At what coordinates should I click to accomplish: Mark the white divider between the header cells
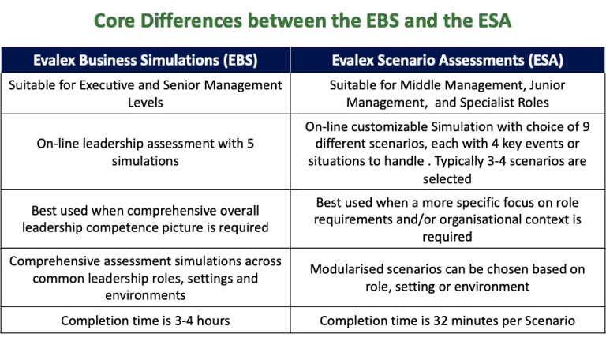[290, 60]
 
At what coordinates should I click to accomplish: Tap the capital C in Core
[100, 21]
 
